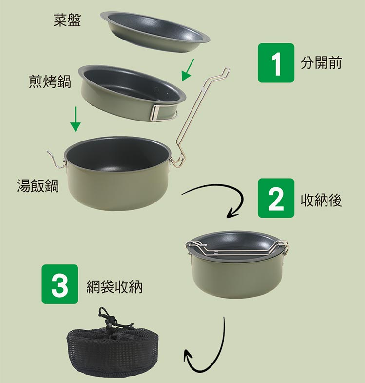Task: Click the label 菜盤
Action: point(67,20)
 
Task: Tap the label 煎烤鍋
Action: point(50,81)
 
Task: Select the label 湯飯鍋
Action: point(38,185)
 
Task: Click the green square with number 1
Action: point(276,63)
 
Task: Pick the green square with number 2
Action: point(276,198)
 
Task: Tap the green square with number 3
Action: point(60,284)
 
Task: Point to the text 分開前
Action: point(321,62)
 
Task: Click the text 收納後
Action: point(321,200)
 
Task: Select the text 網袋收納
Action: point(115,287)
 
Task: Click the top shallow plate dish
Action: point(154,32)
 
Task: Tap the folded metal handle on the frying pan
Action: point(158,113)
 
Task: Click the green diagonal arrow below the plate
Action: point(188,70)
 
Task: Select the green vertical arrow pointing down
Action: point(76,119)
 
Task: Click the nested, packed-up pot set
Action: point(237,264)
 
